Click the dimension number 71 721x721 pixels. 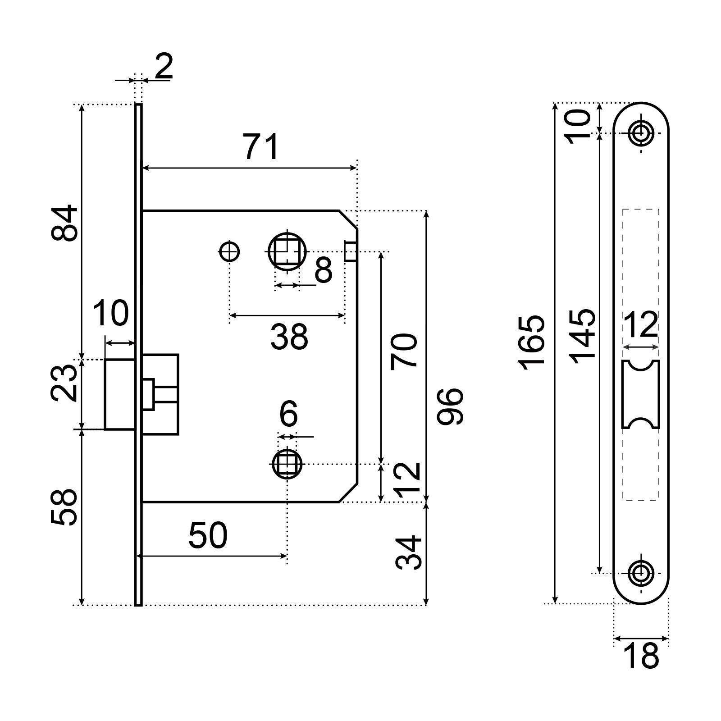(262, 147)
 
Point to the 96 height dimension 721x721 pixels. (450, 405)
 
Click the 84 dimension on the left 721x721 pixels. (64, 223)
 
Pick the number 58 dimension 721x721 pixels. (64, 507)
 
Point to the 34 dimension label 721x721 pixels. (409, 552)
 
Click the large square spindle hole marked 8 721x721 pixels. (287, 251)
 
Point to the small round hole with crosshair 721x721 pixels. (230, 251)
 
